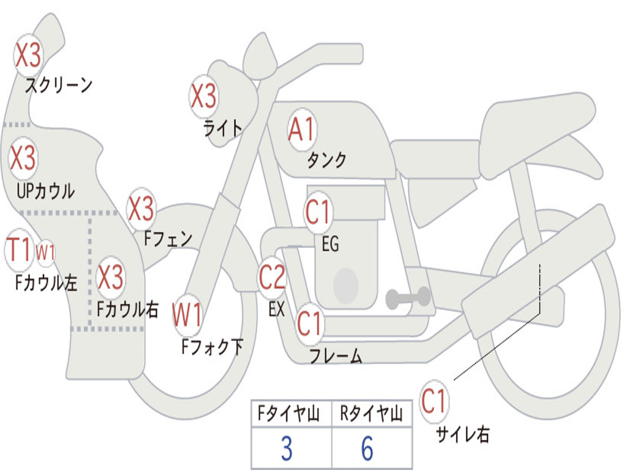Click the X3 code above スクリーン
(x=28, y=56)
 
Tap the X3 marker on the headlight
(x=204, y=95)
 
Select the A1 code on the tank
(x=302, y=129)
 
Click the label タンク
(x=326, y=160)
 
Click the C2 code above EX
(x=272, y=277)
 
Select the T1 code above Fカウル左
(x=18, y=250)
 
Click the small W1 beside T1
(x=46, y=252)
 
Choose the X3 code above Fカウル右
(x=111, y=277)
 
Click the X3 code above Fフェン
(x=141, y=209)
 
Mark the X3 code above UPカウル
(x=23, y=159)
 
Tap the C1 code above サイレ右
(x=434, y=401)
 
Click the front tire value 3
(x=287, y=449)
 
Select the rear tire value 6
(x=367, y=449)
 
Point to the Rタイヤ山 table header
(x=371, y=415)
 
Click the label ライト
(x=223, y=127)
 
